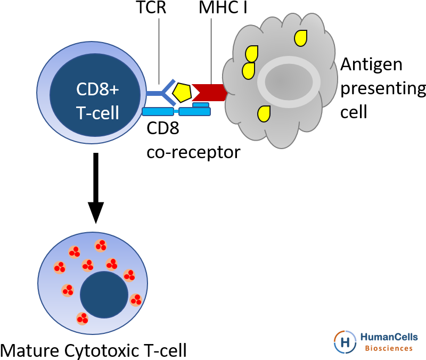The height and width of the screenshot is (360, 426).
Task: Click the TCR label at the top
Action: [151, 7]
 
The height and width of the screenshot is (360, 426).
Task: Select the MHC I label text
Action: [223, 7]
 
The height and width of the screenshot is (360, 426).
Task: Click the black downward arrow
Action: [96, 188]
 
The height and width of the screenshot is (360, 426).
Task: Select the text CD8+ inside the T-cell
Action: [97, 89]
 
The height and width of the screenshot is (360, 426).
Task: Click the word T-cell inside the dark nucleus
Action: [97, 112]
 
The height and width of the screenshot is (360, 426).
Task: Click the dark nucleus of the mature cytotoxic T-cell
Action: [104, 294]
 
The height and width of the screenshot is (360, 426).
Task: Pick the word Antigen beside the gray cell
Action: [371, 65]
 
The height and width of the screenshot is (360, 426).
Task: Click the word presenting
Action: [383, 89]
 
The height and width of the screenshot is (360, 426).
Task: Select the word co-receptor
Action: [193, 152]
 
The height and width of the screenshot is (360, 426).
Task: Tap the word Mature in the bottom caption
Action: [30, 350]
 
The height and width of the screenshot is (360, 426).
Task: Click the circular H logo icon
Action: [345, 341]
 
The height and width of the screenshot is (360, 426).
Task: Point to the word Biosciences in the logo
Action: [389, 348]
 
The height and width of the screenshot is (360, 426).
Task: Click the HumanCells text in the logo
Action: [389, 337]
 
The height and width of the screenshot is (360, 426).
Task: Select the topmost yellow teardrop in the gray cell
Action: [301, 38]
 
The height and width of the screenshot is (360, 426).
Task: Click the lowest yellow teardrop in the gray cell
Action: [264, 114]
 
